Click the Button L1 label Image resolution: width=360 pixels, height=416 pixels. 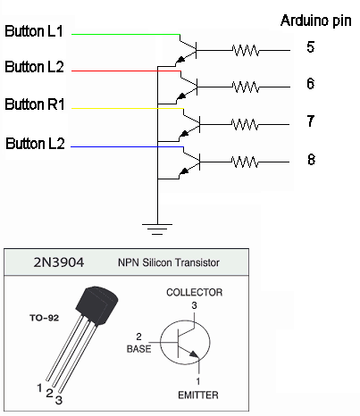(34, 31)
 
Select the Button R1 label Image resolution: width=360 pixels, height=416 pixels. (35, 104)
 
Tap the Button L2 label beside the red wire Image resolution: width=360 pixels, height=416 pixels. (34, 67)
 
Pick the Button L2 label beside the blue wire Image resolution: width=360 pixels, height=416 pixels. (35, 144)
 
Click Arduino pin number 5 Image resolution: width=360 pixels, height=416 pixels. (310, 47)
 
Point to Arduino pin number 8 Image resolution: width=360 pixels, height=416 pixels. (311, 160)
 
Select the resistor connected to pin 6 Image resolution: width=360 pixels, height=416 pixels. (246, 87)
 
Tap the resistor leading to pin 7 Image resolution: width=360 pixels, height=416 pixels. (245, 124)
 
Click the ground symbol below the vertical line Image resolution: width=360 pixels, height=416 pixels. (157, 229)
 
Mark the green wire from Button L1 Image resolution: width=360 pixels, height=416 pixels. (126, 35)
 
